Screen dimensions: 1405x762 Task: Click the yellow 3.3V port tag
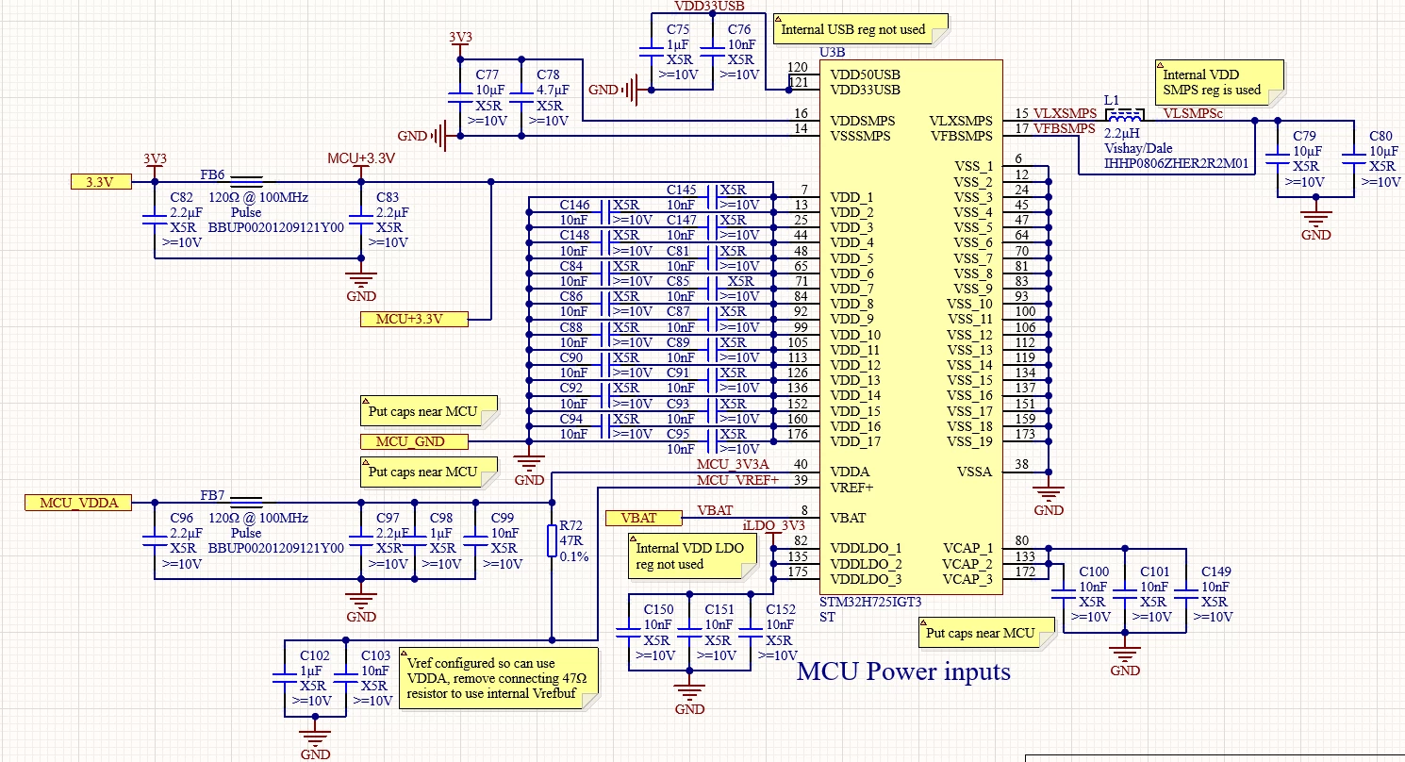(101, 182)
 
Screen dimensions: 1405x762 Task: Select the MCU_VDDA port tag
(78, 503)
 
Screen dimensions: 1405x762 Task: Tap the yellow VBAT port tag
(643, 518)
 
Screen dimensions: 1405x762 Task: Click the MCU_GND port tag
(414, 441)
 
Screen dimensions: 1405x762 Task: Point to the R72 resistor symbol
(552, 540)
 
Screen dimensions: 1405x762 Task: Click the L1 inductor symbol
(1124, 115)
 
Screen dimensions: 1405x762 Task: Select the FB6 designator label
(212, 174)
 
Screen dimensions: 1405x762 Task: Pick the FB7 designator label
(212, 495)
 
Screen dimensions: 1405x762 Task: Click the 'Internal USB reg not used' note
(860, 29)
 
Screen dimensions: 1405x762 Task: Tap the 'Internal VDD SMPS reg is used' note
(1219, 82)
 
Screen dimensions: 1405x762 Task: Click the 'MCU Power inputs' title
(904, 671)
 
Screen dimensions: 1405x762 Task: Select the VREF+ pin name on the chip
(851, 488)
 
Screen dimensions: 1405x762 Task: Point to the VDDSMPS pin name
(863, 121)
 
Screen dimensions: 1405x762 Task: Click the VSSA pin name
(974, 472)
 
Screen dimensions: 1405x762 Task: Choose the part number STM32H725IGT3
(870, 602)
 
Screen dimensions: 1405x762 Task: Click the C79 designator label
(1305, 136)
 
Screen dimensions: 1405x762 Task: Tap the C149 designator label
(1216, 571)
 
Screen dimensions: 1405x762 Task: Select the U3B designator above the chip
(833, 52)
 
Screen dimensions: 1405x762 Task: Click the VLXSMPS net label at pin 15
(1065, 113)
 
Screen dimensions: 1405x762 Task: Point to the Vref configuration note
(498, 679)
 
